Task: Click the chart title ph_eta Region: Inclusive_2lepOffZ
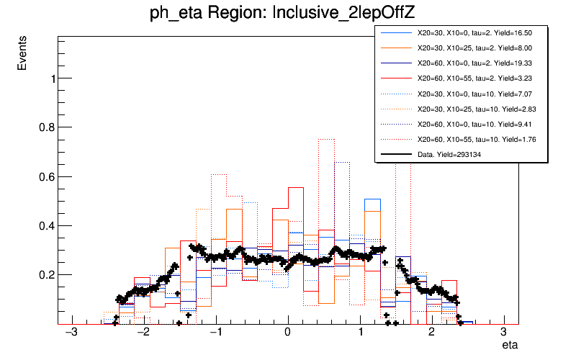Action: [x=287, y=14]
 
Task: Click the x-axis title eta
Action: [x=510, y=346]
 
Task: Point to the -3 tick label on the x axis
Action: [x=71, y=333]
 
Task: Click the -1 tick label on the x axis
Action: [x=215, y=333]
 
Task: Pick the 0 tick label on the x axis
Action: [x=288, y=333]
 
